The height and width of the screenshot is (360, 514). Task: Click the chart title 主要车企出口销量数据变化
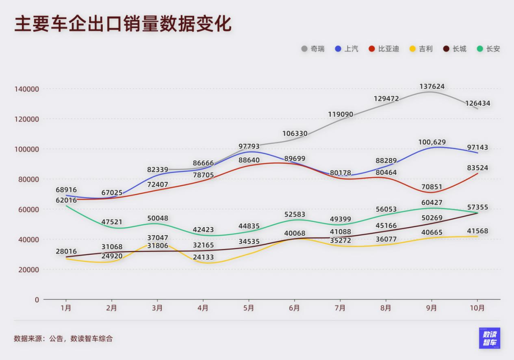pyautogui.click(x=123, y=24)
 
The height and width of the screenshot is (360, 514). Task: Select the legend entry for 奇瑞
pyautogui.click(x=313, y=49)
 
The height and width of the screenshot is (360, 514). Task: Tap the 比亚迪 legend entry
pyautogui.click(x=384, y=49)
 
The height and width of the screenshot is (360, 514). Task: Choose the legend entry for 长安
pyautogui.click(x=489, y=49)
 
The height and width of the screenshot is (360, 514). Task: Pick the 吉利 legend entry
pyautogui.click(x=421, y=49)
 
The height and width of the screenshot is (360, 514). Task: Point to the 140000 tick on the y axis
pyautogui.click(x=27, y=89)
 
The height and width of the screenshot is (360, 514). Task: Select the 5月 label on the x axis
pyautogui.click(x=248, y=308)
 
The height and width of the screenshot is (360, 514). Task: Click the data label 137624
pyautogui.click(x=432, y=87)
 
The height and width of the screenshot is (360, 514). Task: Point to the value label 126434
pyautogui.click(x=477, y=103)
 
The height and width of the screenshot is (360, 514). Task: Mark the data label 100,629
pyautogui.click(x=432, y=142)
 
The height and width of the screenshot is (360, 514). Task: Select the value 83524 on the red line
pyautogui.click(x=477, y=168)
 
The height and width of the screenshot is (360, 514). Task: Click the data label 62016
pyautogui.click(x=66, y=200)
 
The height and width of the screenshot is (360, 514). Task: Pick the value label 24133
pyautogui.click(x=203, y=258)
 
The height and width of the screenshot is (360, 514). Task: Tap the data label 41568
pyautogui.click(x=477, y=231)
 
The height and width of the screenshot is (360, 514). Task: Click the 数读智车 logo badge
pyautogui.click(x=490, y=338)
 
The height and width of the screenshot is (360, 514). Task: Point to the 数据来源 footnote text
pyautogui.click(x=63, y=339)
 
